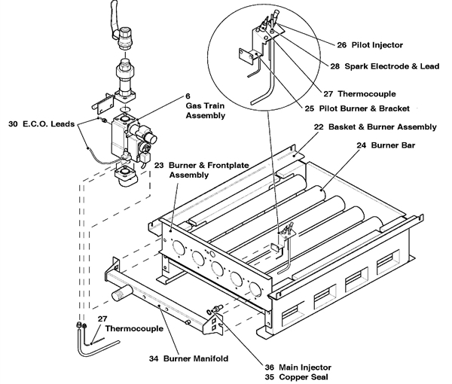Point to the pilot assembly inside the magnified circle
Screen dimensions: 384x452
[x=260, y=41]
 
